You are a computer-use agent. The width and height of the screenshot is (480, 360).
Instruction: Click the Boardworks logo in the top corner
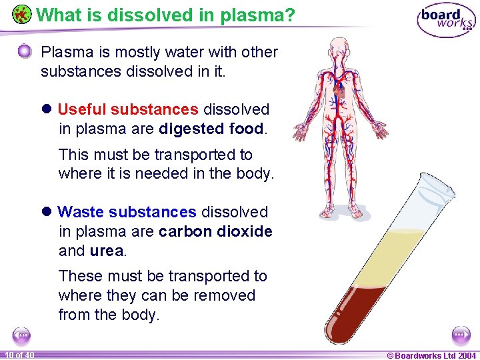(446, 20)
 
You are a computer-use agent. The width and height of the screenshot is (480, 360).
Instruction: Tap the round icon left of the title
(22, 14)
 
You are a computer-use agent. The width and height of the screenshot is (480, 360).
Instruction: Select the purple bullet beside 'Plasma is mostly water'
(25, 51)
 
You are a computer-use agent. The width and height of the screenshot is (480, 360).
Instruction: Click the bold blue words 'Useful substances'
(128, 109)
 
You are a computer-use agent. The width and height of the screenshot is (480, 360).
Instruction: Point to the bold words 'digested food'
(211, 129)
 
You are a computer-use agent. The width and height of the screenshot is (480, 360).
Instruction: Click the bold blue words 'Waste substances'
(127, 212)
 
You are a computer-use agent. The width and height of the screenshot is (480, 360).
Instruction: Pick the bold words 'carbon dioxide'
(215, 231)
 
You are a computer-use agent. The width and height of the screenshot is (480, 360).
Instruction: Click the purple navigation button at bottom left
(21, 335)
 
